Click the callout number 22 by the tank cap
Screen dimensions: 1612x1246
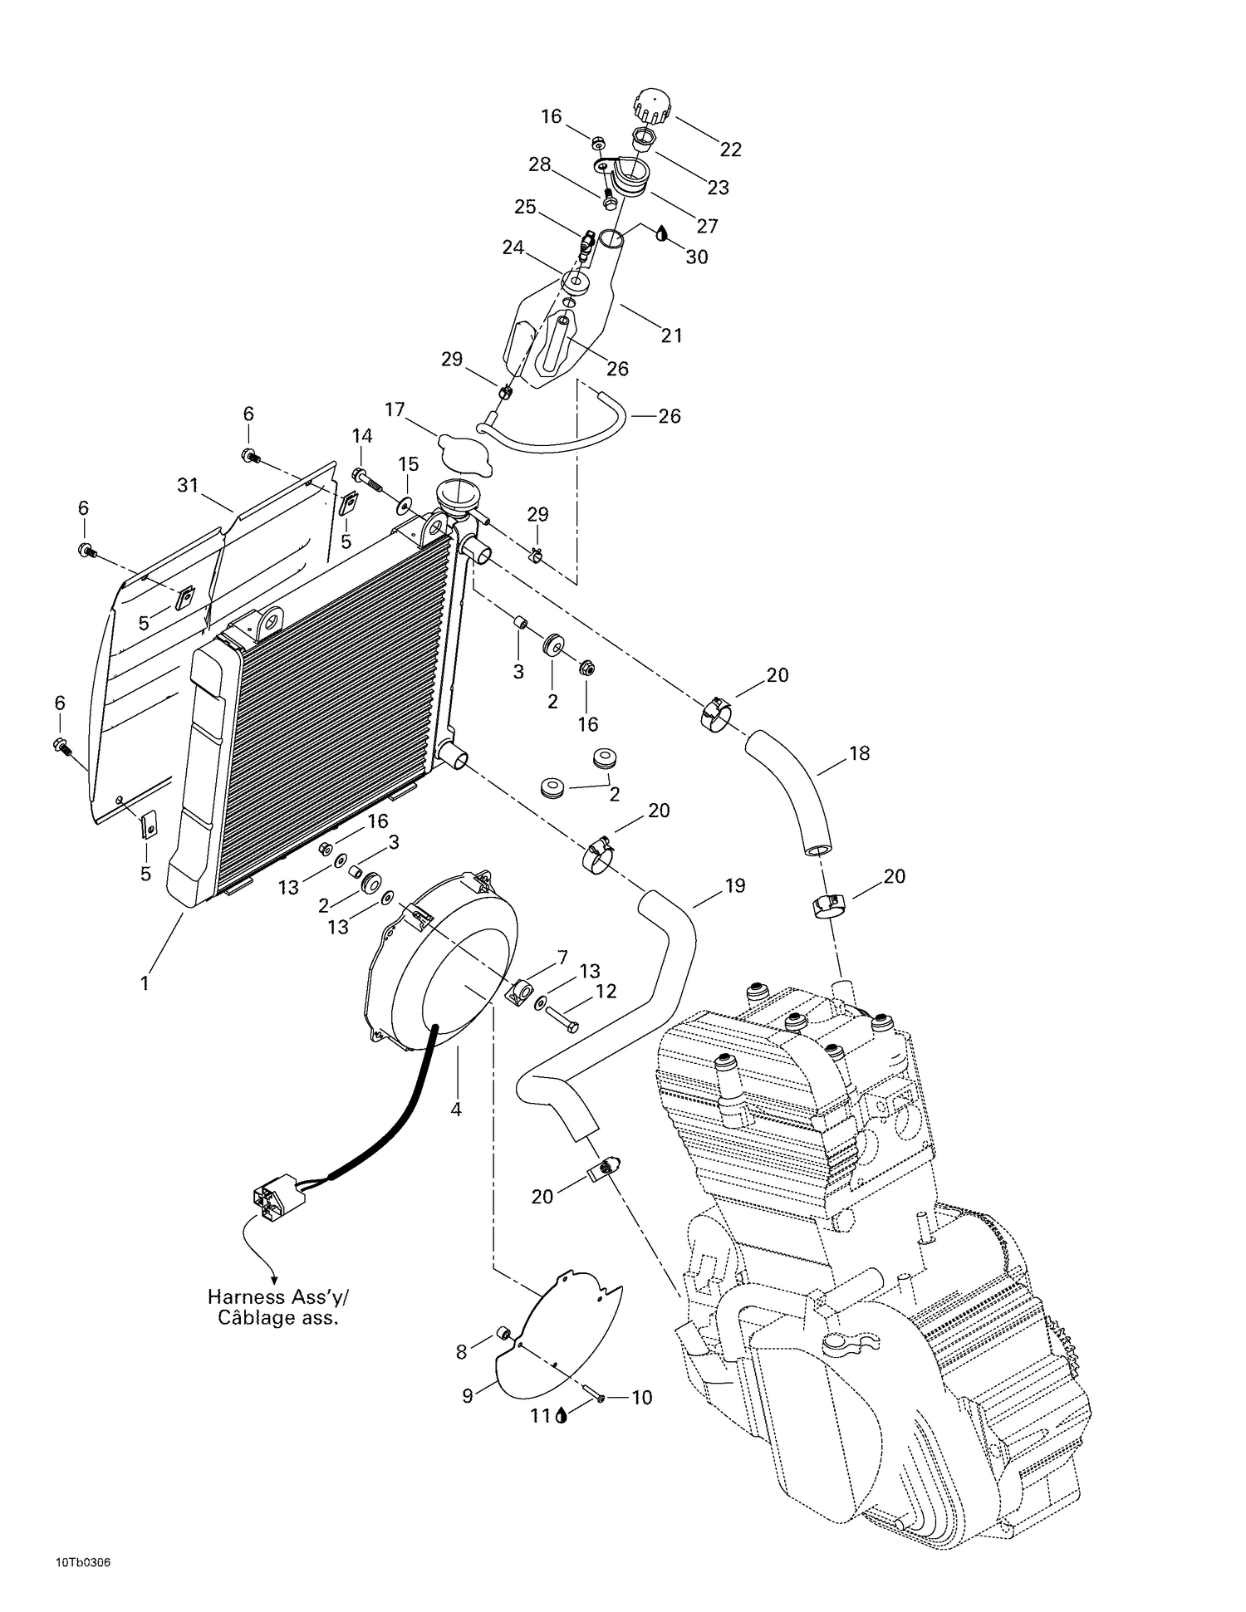(731, 149)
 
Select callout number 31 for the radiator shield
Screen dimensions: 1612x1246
(189, 485)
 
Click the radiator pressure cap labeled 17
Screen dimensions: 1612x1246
(465, 453)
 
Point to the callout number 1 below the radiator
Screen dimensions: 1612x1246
(145, 983)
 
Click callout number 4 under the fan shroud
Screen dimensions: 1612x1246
(455, 1109)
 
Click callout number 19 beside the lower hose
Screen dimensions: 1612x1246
(735, 885)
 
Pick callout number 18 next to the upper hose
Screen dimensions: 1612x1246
(859, 753)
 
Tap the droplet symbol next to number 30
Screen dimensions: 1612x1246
(662, 233)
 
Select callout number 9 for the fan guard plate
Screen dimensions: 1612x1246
(468, 1396)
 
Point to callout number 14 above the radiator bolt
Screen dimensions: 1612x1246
(362, 436)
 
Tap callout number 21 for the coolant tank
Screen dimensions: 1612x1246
(671, 336)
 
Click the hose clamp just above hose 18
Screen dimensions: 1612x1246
(715, 714)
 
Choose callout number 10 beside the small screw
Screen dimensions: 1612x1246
(642, 1398)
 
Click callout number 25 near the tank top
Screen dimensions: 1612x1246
(525, 207)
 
